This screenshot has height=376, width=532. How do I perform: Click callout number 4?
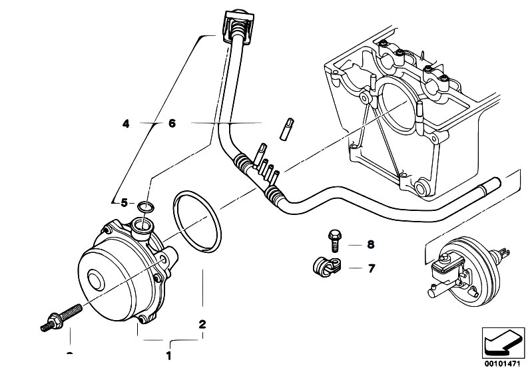pos(126,123)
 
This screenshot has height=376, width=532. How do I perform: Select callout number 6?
pos(171,123)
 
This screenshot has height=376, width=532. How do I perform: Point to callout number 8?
pos(371,244)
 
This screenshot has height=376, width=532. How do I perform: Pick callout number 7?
pos(371,268)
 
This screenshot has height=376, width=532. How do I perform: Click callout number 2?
pos(202,325)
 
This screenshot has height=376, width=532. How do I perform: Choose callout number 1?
pos(168,355)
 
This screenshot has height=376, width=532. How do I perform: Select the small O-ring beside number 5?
pos(147,206)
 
